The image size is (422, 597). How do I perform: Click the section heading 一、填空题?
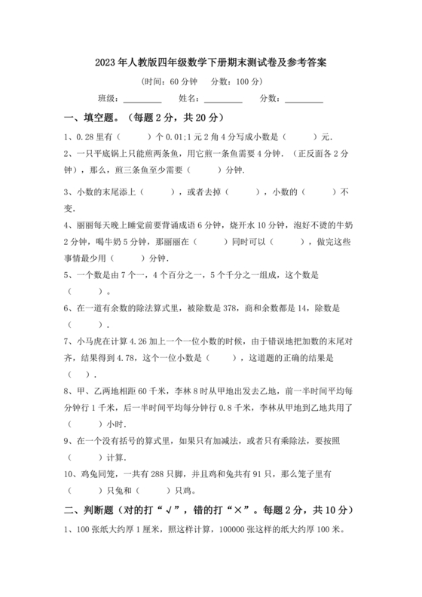tap(93, 118)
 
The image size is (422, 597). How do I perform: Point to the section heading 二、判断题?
tap(93, 510)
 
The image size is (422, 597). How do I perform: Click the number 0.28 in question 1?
tap(86, 136)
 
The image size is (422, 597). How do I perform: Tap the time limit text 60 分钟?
tap(181, 81)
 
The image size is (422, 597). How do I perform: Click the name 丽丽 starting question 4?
tap(83, 225)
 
